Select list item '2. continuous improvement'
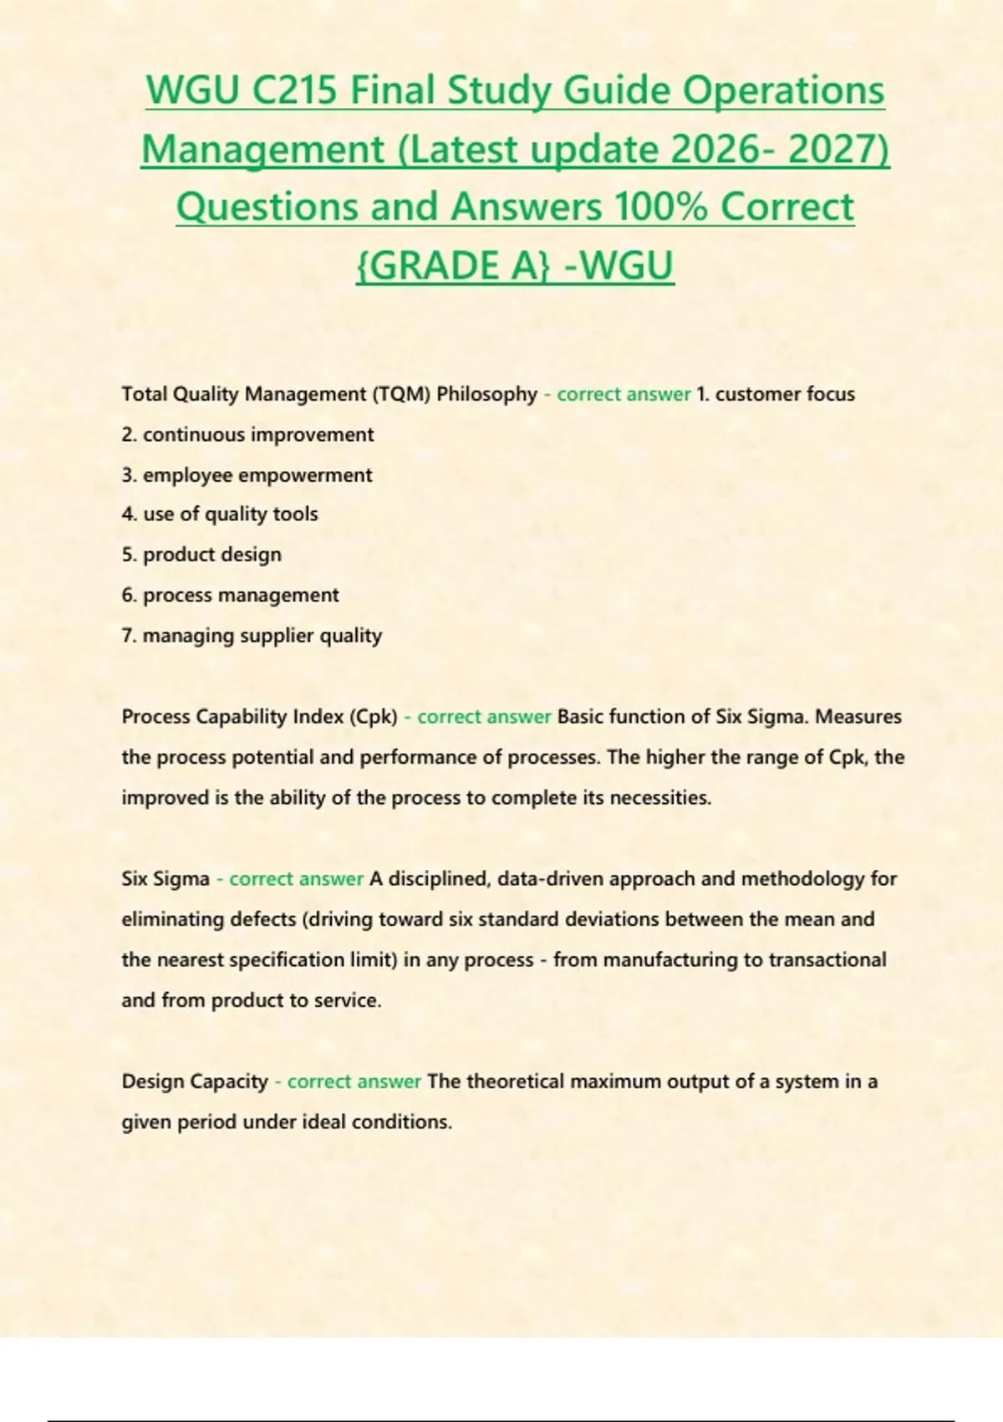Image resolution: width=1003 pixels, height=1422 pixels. coord(247,435)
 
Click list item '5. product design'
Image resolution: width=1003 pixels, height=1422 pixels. coord(201,555)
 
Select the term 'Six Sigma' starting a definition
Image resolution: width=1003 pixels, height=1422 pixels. coord(165,879)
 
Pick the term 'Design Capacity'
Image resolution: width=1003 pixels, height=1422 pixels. coord(194,1082)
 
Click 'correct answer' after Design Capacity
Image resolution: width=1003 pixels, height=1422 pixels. coord(354,1082)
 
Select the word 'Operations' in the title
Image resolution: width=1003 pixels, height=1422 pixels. coord(783,90)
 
